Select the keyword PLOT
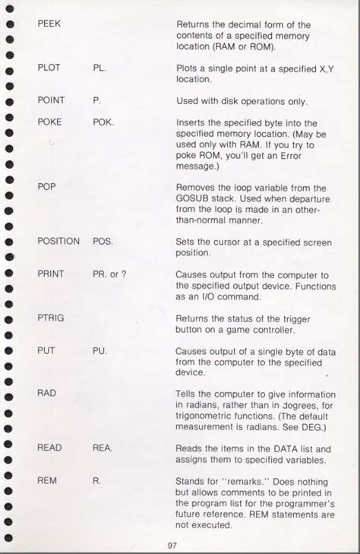pos(49,67)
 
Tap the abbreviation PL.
pos(99,67)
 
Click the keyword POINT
pos(51,100)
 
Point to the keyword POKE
pos(49,122)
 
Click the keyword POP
pos(47,186)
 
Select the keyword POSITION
pos(58,241)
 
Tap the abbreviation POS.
pos(103,241)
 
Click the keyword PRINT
pos(51,274)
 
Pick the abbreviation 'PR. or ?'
pos(110,274)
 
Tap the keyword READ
pos(49,448)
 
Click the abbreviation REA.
pos(103,448)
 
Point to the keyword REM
pos(46,480)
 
